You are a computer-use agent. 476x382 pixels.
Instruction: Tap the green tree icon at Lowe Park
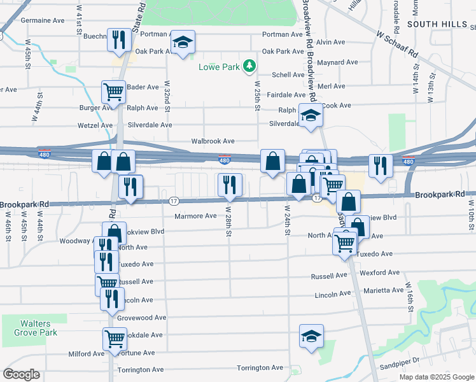click(251, 66)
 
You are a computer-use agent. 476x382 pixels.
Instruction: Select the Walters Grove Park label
click(38, 328)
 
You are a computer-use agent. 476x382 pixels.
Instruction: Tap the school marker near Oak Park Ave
click(183, 43)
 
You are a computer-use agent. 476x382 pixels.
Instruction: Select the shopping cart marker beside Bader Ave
click(113, 92)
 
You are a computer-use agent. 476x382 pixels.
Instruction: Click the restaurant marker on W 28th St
click(229, 185)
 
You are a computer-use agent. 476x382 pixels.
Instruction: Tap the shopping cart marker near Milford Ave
click(115, 339)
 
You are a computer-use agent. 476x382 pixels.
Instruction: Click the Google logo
click(21, 374)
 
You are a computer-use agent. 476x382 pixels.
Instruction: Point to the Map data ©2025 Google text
click(437, 376)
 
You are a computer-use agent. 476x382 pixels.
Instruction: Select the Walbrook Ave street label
click(213, 141)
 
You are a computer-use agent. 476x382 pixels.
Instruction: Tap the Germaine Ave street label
click(43, 20)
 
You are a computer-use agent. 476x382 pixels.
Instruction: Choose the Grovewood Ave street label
click(141, 318)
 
